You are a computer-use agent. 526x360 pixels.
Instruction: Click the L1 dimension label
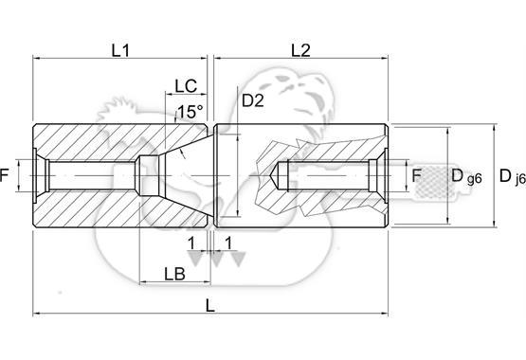(120, 50)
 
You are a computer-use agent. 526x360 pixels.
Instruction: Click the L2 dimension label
(300, 50)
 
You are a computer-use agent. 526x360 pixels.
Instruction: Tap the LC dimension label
(186, 86)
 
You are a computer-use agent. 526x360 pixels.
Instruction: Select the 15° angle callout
(190, 112)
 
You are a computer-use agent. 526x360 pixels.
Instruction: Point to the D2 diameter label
(253, 100)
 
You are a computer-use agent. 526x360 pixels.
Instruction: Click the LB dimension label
(174, 274)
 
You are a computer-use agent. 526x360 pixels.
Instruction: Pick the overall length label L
(210, 306)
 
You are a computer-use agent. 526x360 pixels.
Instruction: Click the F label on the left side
(4, 175)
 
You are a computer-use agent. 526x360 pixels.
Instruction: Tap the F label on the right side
(416, 175)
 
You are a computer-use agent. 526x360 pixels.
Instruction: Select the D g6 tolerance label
(466, 176)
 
